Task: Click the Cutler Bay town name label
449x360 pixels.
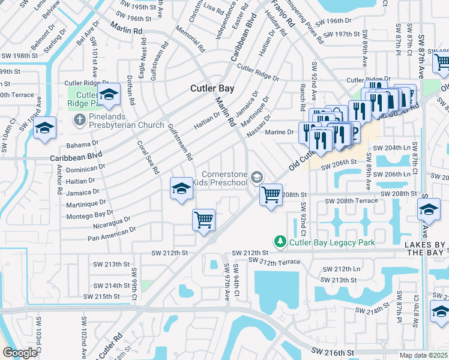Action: pyautogui.click(x=212, y=88)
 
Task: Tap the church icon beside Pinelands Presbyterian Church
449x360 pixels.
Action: pyautogui.click(x=79, y=119)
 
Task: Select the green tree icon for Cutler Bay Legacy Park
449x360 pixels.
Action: pyautogui.click(x=280, y=242)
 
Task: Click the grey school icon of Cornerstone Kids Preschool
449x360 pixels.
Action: pyautogui.click(x=256, y=176)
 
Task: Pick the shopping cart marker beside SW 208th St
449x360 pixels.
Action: pyautogui.click(x=271, y=194)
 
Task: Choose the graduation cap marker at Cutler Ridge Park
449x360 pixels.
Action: pyautogui.click(x=109, y=94)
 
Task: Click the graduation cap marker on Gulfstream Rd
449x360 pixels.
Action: pyautogui.click(x=182, y=189)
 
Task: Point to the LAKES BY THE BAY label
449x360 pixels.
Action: pyautogui.click(x=423, y=249)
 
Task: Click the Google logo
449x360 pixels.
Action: pyautogui.click(x=20, y=353)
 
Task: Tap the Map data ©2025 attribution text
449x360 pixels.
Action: pyautogui.click(x=424, y=355)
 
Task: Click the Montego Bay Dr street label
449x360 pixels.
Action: pyautogui.click(x=89, y=213)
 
